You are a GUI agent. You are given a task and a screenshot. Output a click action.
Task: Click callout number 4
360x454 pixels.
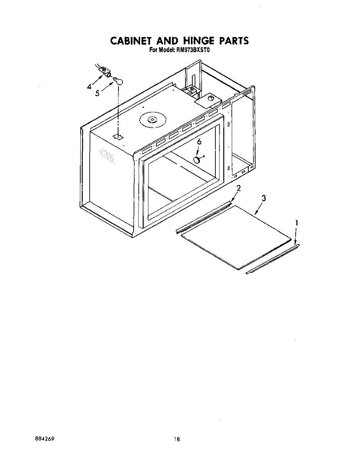tap(89, 87)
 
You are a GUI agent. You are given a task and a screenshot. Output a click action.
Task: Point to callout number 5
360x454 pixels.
tap(97, 93)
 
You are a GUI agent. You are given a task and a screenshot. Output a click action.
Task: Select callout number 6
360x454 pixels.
tap(199, 142)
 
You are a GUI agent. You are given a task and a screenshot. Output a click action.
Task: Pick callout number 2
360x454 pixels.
tap(238, 188)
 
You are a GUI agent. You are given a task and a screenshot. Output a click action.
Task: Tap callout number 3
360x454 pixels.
tap(263, 197)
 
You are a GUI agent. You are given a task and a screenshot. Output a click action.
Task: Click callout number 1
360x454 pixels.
tap(297, 223)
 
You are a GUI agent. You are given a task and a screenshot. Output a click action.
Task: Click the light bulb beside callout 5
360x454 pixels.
tap(119, 80)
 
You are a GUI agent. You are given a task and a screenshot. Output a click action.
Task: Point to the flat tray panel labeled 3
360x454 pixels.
tap(237, 236)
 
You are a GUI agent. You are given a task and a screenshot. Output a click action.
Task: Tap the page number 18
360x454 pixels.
tap(176, 439)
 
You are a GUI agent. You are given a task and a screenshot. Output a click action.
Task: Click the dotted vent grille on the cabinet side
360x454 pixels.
tap(107, 155)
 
